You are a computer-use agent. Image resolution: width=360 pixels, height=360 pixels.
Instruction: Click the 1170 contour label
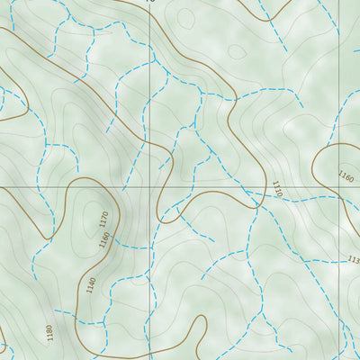tap(103, 219)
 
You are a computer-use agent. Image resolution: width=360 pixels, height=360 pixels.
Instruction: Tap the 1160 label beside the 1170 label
tap(103, 240)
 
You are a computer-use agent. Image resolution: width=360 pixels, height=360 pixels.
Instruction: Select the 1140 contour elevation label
tap(90, 284)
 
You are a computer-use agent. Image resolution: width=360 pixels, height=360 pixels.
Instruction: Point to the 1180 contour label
tap(49, 334)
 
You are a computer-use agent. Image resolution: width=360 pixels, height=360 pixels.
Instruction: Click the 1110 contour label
tap(277, 189)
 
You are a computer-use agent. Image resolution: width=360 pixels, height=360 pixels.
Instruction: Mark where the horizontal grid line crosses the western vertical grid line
tap(149, 187)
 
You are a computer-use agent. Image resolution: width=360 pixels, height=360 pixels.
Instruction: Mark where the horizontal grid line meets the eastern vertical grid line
tap(339, 187)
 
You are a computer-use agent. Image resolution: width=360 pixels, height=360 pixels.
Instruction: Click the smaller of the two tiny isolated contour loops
tap(236, 52)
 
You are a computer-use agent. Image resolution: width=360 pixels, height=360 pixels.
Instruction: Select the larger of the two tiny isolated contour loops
tap(185, 18)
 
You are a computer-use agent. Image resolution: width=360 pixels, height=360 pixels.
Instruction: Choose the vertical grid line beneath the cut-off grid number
tap(149, 90)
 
